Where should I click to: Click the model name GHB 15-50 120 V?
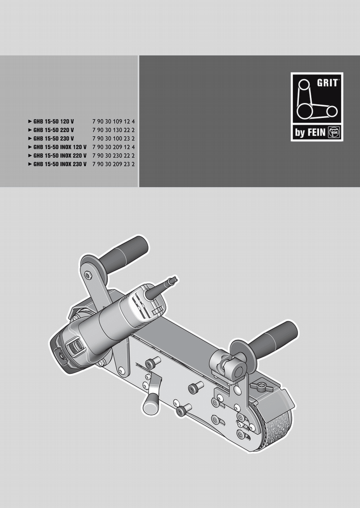tap(53, 122)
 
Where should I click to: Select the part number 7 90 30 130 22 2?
tap(113, 130)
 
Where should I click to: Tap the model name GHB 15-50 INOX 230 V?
tap(60, 164)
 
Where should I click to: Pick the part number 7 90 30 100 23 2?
tap(113, 139)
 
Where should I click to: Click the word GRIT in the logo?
tap(327, 83)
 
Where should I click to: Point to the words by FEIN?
tap(310, 133)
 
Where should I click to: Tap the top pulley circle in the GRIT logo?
tap(304, 85)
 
